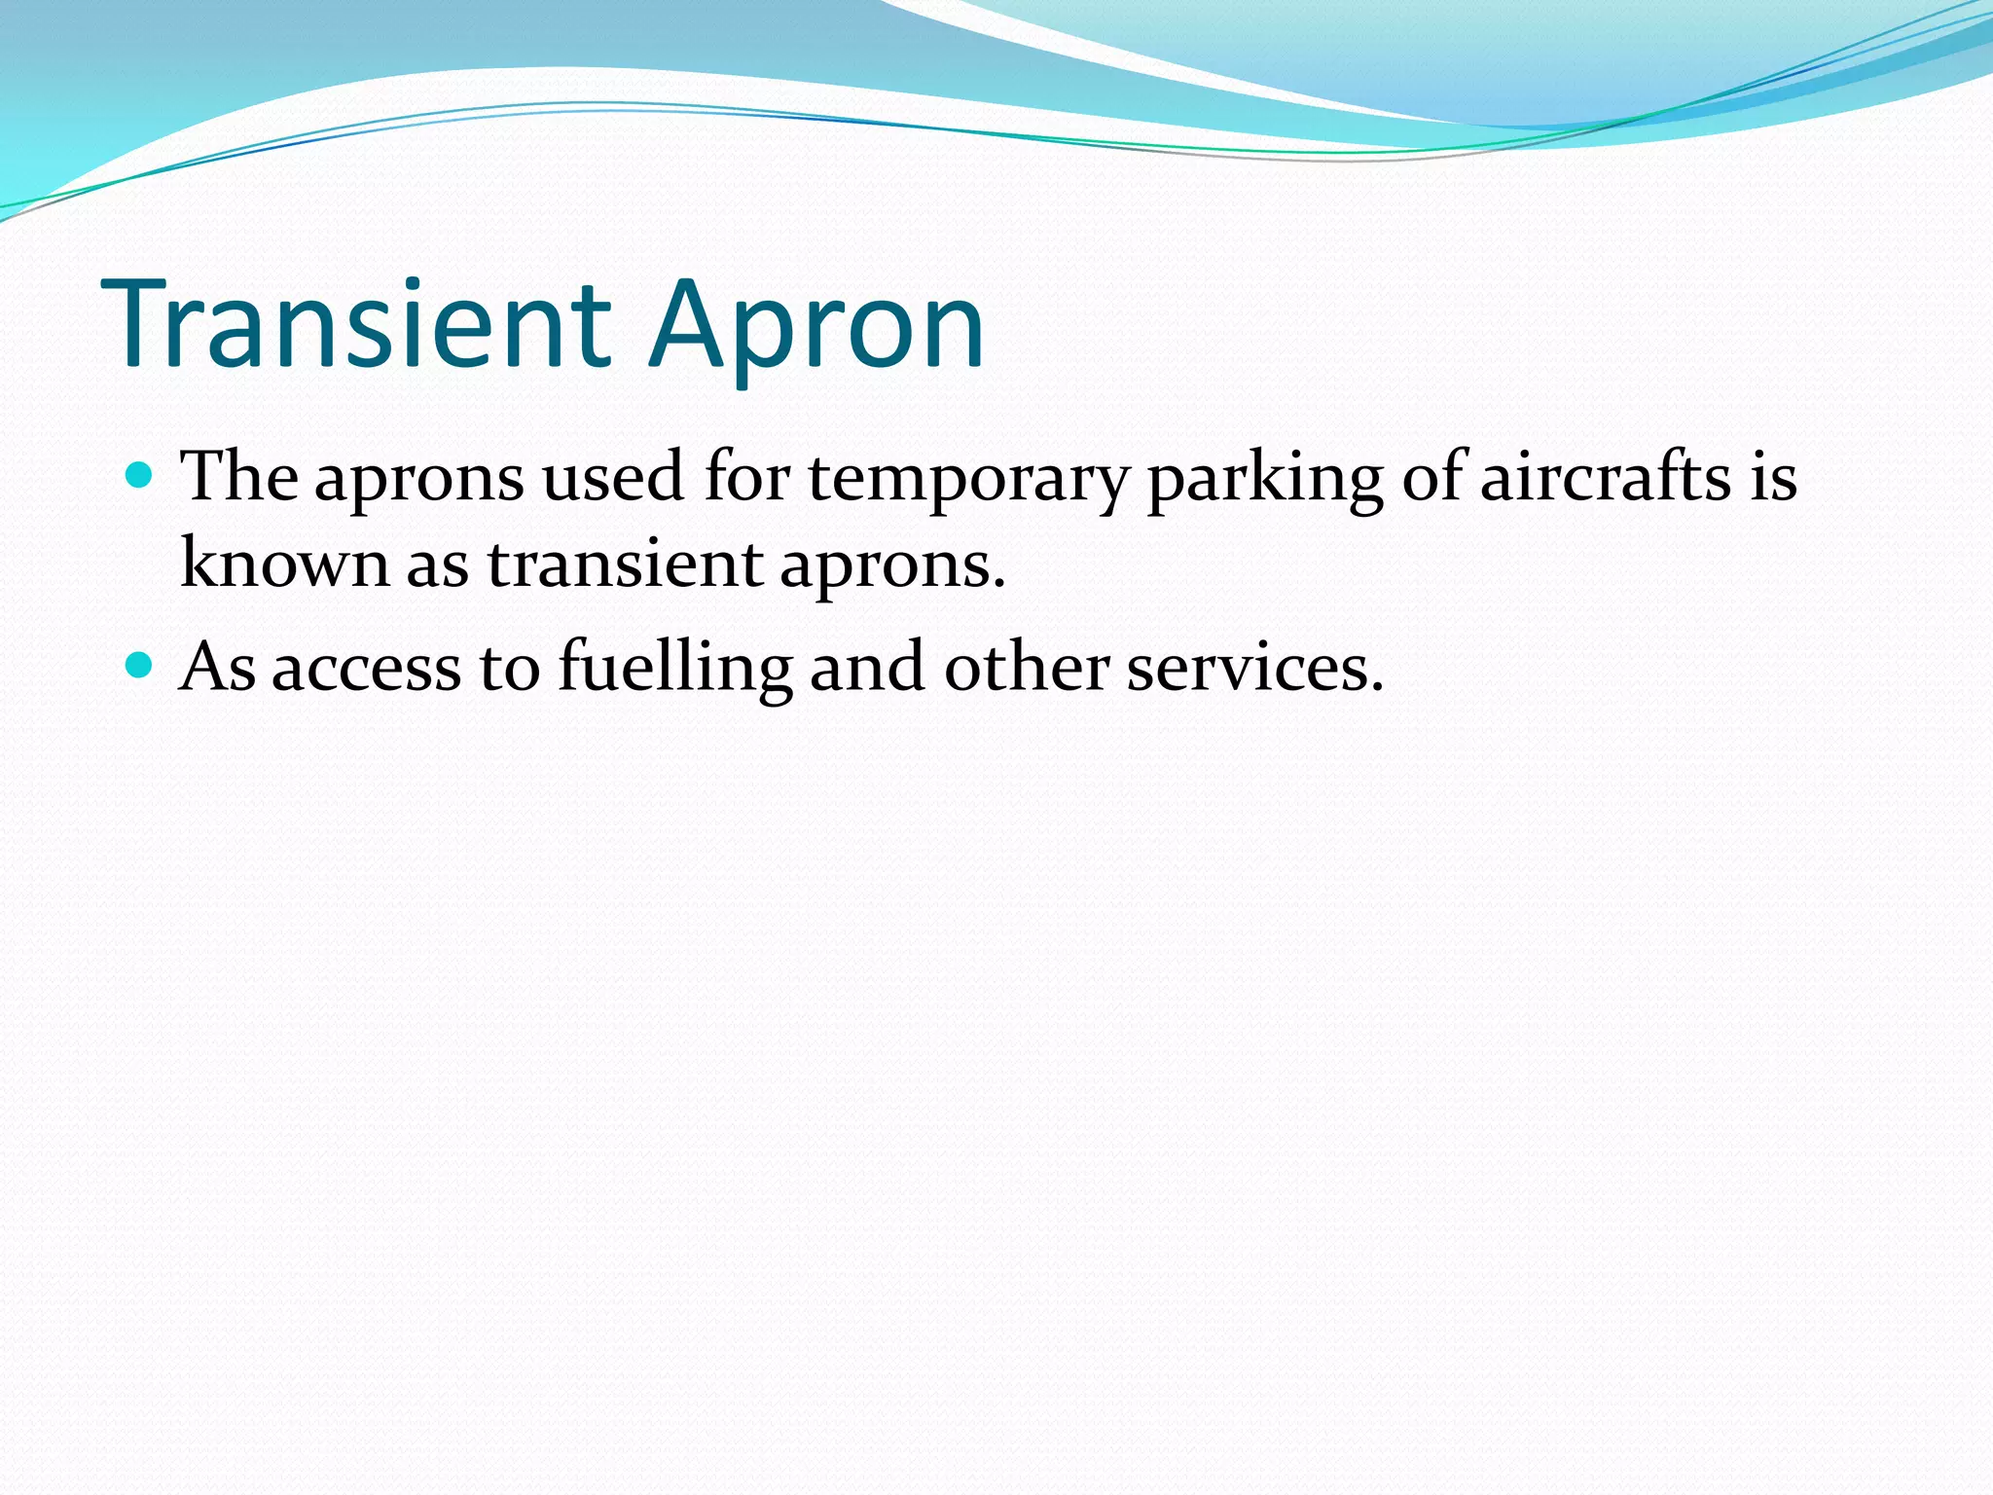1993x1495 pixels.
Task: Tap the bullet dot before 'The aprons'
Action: click(x=141, y=476)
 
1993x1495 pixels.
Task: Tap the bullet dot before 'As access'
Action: click(x=141, y=666)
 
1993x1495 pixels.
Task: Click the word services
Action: click(x=1254, y=668)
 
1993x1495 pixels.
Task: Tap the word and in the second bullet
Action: click(x=867, y=668)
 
